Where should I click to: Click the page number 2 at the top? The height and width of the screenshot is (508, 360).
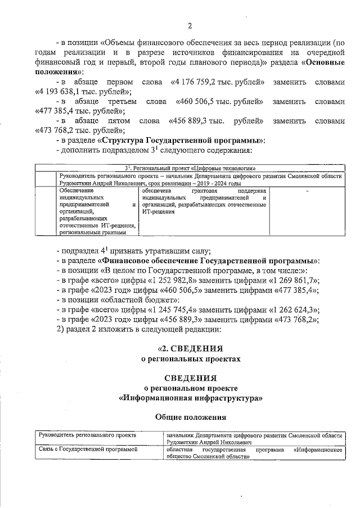189,25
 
